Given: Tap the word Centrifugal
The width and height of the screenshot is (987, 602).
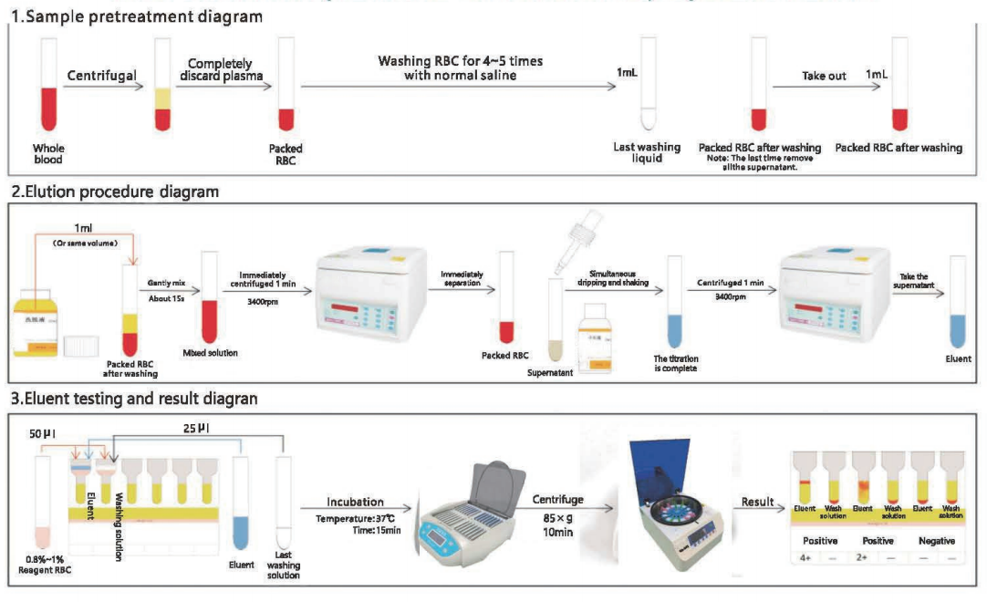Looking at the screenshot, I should (102, 75).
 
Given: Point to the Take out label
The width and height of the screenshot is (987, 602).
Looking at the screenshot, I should (824, 76).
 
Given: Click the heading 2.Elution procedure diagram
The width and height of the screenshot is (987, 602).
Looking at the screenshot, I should (115, 192).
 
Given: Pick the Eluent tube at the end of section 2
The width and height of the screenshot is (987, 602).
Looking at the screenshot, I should (958, 301).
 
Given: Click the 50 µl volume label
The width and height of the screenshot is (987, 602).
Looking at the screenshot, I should (42, 433).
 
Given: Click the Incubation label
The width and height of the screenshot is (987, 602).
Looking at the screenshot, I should (355, 502).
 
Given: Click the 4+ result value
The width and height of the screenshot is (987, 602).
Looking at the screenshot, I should (804, 557).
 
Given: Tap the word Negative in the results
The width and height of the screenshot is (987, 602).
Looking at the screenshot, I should (936, 541).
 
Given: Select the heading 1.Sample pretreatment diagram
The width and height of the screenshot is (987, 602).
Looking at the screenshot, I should (136, 17).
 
